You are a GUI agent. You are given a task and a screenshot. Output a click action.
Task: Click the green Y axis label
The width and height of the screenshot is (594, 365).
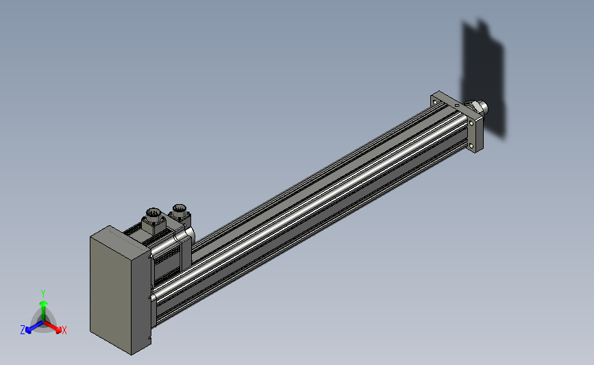(x=42, y=294)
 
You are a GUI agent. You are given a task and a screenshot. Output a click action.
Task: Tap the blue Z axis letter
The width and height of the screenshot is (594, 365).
(x=23, y=330)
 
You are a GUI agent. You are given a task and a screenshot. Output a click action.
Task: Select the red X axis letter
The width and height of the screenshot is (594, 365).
(x=64, y=330)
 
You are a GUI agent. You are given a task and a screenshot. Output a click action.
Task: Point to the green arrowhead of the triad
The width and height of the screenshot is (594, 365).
(x=44, y=303)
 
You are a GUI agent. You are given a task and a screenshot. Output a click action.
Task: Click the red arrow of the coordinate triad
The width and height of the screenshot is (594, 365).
(x=52, y=327)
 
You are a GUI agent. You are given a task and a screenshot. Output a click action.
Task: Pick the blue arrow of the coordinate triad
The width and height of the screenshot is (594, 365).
(x=34, y=327)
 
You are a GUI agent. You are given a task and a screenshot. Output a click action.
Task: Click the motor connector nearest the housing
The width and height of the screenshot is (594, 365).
(x=153, y=221)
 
